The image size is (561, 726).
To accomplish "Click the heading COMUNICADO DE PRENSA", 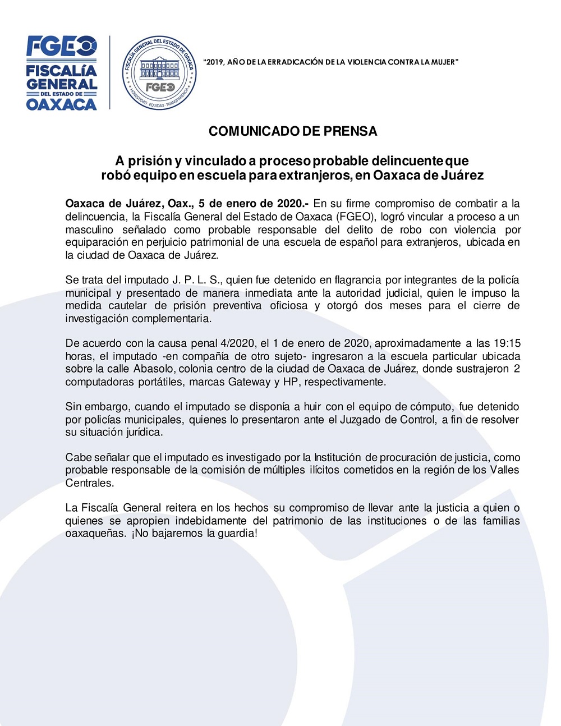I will (x=292, y=131).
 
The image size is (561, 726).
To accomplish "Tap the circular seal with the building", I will (x=159, y=73).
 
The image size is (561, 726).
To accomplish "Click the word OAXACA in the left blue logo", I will (x=62, y=104).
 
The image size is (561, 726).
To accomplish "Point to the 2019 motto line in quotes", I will (x=331, y=62).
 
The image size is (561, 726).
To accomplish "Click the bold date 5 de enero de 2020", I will (x=250, y=204).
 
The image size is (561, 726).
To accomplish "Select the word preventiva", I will (x=237, y=306).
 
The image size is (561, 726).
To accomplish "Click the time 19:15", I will (x=507, y=343).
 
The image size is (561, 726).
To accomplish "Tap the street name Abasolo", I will (x=153, y=369).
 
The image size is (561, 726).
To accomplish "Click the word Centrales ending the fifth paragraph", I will (x=89, y=483).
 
